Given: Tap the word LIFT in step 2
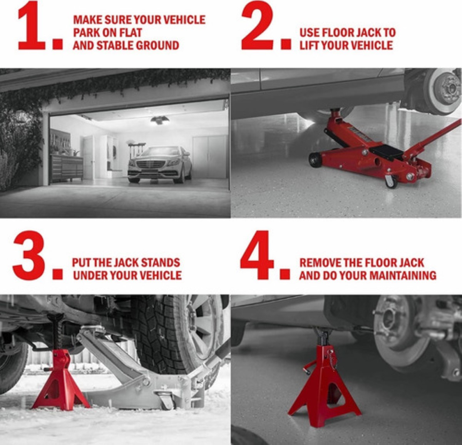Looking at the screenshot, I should [310, 45].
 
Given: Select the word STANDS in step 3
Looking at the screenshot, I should [160, 263].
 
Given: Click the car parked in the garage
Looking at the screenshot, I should [159, 164].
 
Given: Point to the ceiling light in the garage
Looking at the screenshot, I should [159, 120].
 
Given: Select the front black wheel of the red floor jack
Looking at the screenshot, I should [315, 159].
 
